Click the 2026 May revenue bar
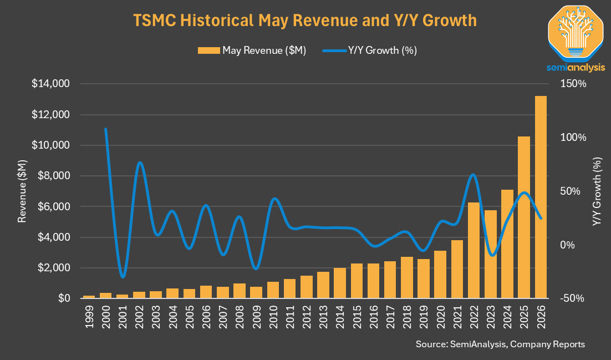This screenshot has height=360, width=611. click(x=541, y=197)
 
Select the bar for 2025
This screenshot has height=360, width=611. click(x=524, y=217)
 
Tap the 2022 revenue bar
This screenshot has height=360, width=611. click(x=473, y=250)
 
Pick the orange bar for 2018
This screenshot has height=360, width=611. click(x=407, y=277)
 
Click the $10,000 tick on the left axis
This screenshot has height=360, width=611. click(x=50, y=145)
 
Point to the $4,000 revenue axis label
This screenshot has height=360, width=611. click(x=53, y=237)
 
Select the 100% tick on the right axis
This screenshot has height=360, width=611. click(x=573, y=138)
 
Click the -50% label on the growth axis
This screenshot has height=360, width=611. click(x=572, y=298)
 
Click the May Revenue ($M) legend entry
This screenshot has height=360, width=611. click(x=252, y=50)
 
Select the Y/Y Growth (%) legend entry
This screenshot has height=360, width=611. click(x=370, y=50)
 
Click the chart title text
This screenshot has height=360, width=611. click(x=305, y=20)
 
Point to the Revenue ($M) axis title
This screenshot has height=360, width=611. click(x=22, y=191)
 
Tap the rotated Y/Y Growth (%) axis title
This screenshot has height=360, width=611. click(x=597, y=191)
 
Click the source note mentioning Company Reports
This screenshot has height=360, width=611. click(x=500, y=344)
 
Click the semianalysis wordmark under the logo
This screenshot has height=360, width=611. click(x=576, y=68)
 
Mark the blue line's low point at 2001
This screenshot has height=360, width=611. click(x=123, y=277)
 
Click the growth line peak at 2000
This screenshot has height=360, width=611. click(x=105, y=129)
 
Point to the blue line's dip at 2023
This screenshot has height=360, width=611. click(x=492, y=255)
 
